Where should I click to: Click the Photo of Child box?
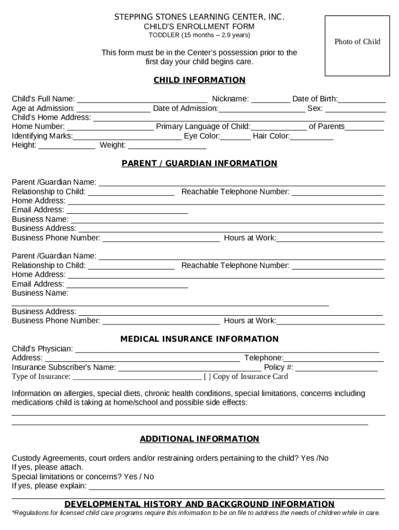[357, 46]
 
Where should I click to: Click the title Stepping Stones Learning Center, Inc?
[199, 18]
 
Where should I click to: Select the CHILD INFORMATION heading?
[199, 80]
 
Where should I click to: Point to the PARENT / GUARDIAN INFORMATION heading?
[199, 164]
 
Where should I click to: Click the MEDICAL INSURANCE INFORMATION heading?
[199, 339]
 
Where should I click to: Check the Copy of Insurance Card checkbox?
[207, 377]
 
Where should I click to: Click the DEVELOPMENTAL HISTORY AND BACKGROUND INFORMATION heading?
[199, 504]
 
